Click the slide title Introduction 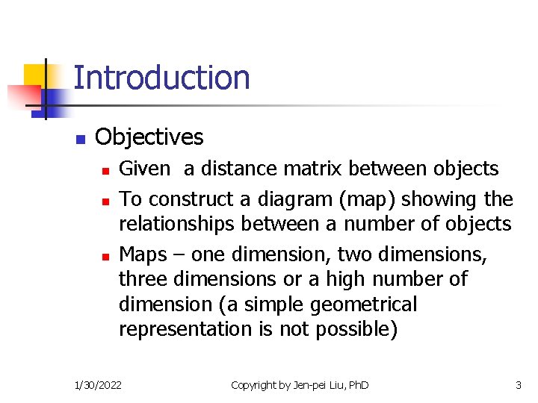point(161,78)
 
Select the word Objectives point(149,137)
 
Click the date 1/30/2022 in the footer point(99,385)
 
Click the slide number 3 point(518,385)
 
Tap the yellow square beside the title point(35,75)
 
